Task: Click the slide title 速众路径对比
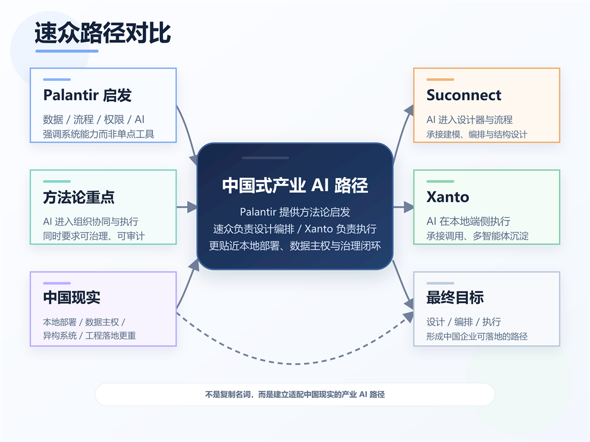coord(103,33)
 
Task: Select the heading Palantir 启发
coord(87,95)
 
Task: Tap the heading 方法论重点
coord(79,197)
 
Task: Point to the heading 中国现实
coord(72,297)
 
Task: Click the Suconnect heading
coord(463,95)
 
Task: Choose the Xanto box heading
coord(447,197)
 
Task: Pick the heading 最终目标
coord(455,297)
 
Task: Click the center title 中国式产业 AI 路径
coord(295,185)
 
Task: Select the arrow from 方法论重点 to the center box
coord(186,206)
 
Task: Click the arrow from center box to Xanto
coord(403,206)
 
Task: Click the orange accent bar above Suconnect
coord(440,80)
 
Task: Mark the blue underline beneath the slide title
coord(67,51)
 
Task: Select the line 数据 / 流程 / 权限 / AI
coord(93,119)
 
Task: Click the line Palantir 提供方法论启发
coord(294,212)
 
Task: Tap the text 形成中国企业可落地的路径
coord(477,336)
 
